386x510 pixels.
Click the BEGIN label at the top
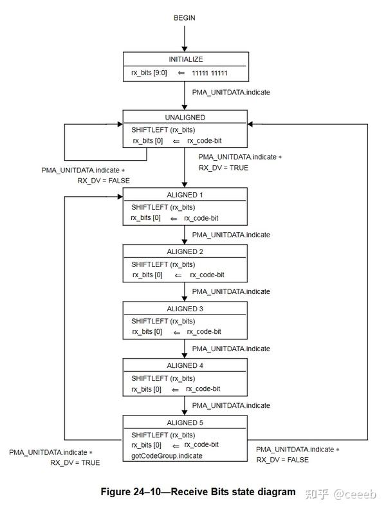coord(184,17)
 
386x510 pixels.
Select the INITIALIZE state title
coord(185,59)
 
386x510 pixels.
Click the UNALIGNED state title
coord(185,118)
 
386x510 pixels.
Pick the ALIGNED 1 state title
coord(185,195)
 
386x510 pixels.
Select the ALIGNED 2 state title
coord(185,251)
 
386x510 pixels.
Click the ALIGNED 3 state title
coord(185,309)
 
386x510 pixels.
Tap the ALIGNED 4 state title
coord(185,365)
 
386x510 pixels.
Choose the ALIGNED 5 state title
coord(185,423)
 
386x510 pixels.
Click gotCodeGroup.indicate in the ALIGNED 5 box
coord(167,455)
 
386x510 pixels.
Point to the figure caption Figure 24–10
coord(198,492)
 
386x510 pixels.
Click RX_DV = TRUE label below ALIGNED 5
coord(75,462)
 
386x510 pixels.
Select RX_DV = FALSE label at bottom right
coord(282,460)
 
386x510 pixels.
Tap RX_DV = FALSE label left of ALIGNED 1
coord(104,181)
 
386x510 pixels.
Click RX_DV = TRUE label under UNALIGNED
coord(223,168)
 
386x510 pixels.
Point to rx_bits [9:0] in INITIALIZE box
coord(149,73)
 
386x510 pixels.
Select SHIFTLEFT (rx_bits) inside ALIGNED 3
coord(163,321)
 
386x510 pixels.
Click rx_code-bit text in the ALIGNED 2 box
coord(207,275)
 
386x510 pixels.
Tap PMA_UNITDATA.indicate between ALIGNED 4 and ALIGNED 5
coord(231,405)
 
